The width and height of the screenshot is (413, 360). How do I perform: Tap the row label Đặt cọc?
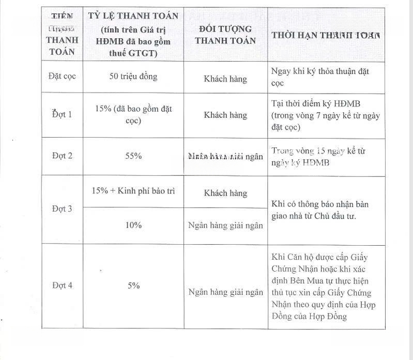pos(63,77)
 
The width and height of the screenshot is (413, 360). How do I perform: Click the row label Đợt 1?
pos(63,114)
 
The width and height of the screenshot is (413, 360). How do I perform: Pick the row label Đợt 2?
pos(63,155)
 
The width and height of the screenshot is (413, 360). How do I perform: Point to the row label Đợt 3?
pos(63,208)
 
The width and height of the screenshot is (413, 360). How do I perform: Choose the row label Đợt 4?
pos(63,285)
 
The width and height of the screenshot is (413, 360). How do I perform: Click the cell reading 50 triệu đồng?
pos(133,77)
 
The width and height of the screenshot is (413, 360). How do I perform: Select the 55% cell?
pos(133,155)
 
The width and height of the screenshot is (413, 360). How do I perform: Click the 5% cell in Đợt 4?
pos(134,285)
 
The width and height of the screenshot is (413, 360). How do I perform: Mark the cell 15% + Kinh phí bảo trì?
pos(133,190)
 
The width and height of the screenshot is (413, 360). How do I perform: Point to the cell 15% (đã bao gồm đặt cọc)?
pos(133,114)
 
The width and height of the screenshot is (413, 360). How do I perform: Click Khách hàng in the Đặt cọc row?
pos(225,79)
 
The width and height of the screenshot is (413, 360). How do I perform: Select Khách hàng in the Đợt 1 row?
pos(225,115)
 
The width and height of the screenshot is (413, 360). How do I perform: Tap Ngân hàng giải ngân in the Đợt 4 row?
pos(225,292)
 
